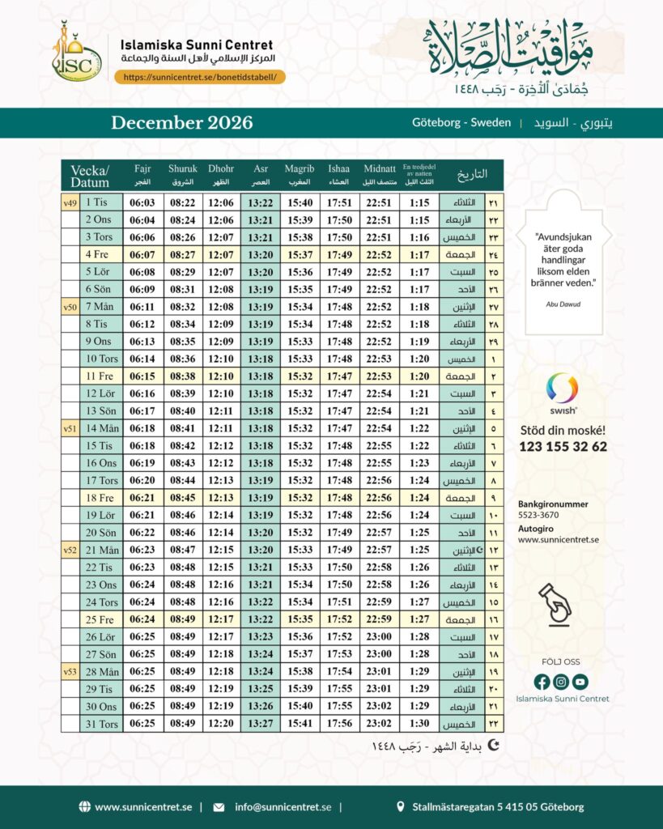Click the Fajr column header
[142, 174]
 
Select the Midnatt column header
[379, 174]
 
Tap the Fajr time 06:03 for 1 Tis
[142, 202]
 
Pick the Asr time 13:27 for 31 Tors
[261, 724]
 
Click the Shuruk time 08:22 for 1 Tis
[182, 202]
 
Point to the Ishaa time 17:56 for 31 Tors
[339, 724]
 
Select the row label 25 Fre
[100, 619]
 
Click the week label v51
[70, 428]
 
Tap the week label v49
[70, 202]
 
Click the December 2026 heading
[182, 123]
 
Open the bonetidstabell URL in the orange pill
[200, 77]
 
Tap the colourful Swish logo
[563, 389]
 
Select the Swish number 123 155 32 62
[563, 446]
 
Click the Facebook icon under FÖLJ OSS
[542, 682]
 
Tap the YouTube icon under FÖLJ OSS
[580, 682]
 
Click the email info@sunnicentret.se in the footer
[283, 806]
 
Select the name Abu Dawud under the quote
[563, 304]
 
